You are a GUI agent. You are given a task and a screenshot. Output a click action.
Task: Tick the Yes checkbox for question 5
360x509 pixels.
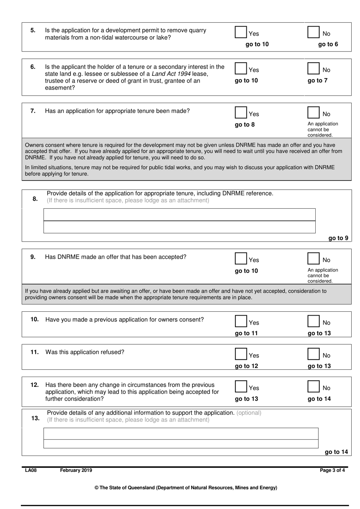241,32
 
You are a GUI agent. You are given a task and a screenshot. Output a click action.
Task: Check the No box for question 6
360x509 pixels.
313,68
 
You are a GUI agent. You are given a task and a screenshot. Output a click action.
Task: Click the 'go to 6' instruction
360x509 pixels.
328,44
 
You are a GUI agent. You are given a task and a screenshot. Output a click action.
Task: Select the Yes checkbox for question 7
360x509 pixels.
241,112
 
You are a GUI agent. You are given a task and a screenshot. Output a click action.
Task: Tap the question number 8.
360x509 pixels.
35,199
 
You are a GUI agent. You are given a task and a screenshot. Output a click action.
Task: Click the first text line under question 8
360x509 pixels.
179,215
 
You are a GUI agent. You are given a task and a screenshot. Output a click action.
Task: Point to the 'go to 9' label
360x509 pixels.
338,238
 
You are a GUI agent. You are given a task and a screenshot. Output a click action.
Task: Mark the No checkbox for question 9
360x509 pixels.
313,258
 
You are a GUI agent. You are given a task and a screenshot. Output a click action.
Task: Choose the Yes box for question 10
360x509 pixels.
241,321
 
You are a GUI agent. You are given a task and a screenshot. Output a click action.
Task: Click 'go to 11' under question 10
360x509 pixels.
246,333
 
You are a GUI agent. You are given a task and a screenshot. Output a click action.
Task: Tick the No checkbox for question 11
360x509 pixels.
313,354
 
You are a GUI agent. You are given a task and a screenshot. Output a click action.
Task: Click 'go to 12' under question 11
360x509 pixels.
246,366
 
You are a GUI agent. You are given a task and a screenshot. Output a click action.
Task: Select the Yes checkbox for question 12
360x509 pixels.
241,386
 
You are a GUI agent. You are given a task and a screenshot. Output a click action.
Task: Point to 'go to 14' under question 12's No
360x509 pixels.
319,399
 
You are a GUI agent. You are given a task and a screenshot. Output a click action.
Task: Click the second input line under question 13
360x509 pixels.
181,444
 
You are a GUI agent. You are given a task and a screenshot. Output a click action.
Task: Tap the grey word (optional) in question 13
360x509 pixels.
249,413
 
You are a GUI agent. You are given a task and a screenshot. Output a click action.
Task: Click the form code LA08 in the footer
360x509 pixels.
31,470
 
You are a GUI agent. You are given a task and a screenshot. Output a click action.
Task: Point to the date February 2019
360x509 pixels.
76,470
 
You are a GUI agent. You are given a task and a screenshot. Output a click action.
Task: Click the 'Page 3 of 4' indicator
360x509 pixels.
332,470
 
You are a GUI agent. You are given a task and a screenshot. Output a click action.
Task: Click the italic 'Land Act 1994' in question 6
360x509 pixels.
171,74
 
